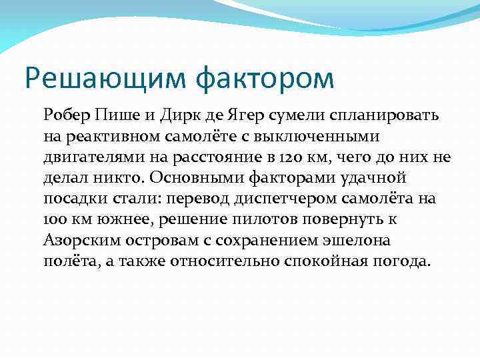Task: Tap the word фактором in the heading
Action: [x=265, y=77]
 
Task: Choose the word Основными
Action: [x=193, y=179]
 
